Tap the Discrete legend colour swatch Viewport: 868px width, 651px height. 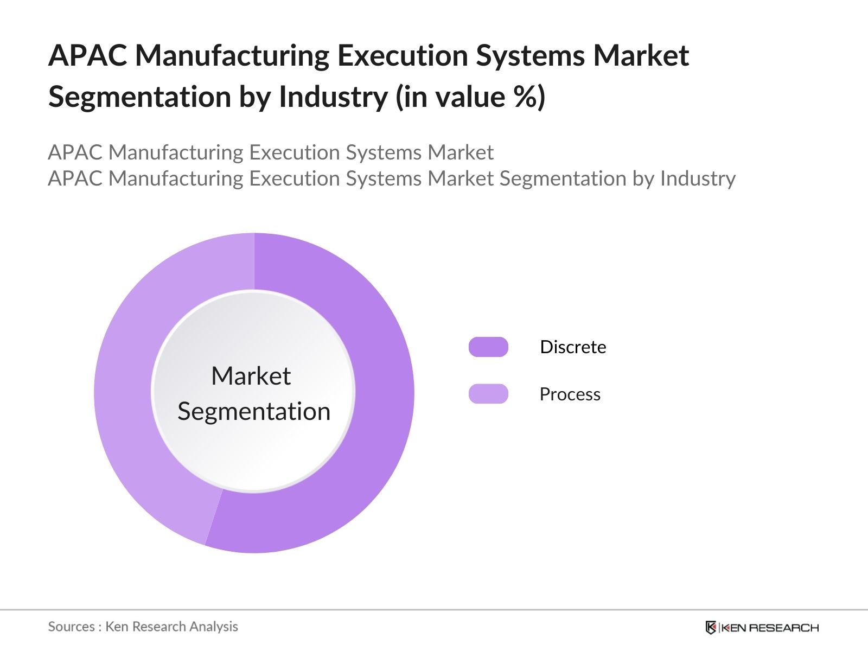tap(488, 347)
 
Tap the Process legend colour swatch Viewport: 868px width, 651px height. tap(488, 394)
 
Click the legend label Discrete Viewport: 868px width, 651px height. tap(573, 347)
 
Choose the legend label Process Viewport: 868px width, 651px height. tap(570, 394)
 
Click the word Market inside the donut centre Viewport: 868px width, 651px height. tap(251, 376)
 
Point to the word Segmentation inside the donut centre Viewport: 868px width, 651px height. tap(254, 411)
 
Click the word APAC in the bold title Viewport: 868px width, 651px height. tap(87, 56)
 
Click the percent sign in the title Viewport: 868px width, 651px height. tap(524, 98)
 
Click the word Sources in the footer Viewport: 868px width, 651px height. tap(71, 627)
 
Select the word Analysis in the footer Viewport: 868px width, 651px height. tap(214, 627)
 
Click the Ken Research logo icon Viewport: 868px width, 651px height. tap(711, 628)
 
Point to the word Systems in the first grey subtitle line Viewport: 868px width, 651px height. tap(384, 152)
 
